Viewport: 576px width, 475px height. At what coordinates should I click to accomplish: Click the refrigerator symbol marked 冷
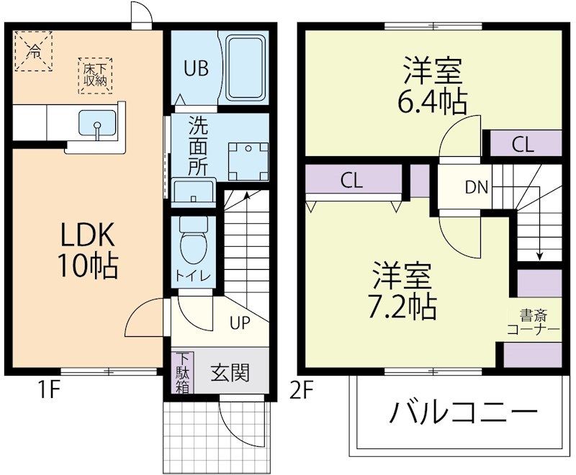34,50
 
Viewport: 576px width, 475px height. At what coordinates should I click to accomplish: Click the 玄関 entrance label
230,373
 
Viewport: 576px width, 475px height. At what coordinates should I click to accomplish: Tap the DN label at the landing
476,188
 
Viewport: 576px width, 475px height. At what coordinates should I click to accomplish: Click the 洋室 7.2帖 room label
403,291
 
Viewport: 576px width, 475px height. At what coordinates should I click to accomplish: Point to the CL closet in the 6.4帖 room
523,144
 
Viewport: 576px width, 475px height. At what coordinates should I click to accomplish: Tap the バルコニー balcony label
464,413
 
